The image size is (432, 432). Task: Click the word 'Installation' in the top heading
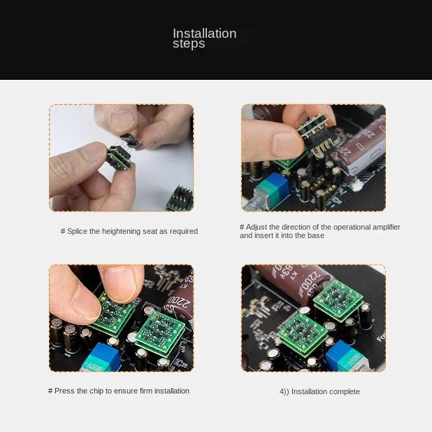(204, 34)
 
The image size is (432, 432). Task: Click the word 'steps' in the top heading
(189, 44)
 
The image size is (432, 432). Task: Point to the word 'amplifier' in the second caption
(384, 228)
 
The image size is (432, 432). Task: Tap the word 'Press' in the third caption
(64, 391)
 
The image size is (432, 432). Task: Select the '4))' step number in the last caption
(284, 392)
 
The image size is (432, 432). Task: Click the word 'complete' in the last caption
(343, 392)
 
